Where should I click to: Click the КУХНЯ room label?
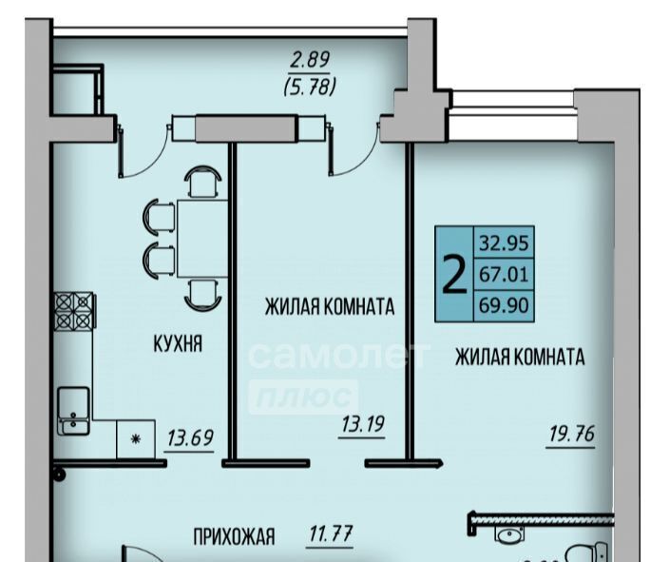[178, 343]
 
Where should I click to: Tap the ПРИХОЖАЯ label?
[234, 536]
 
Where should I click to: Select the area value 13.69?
[190, 437]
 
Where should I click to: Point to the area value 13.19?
[363, 424]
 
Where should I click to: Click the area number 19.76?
[571, 434]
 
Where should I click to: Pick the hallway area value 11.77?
[330, 533]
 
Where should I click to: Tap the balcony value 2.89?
[310, 60]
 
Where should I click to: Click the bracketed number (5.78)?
[310, 87]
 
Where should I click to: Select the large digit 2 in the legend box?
[454, 273]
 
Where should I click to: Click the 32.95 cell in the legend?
[504, 242]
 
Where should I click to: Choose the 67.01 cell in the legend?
[504, 274]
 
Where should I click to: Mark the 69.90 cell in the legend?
[504, 305]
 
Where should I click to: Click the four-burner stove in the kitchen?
[74, 311]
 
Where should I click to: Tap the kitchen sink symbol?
[73, 411]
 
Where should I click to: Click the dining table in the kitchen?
[202, 239]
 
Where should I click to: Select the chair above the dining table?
[202, 182]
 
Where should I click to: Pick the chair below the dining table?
[202, 294]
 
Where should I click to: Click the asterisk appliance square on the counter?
[136, 438]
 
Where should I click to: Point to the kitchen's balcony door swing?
[143, 150]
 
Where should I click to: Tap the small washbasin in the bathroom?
[509, 533]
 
